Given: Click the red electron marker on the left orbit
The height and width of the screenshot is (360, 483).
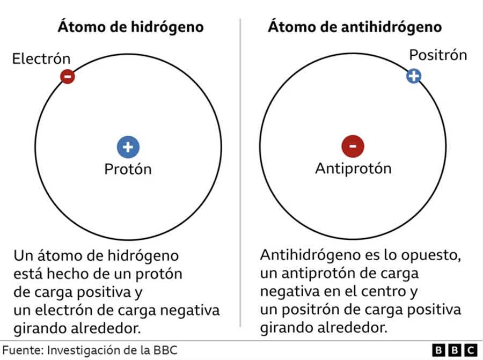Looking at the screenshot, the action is pyautogui.click(x=68, y=76).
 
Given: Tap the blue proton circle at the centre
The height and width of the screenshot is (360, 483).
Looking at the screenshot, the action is pyautogui.click(x=128, y=147).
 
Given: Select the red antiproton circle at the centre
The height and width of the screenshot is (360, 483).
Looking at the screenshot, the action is pyautogui.click(x=353, y=146).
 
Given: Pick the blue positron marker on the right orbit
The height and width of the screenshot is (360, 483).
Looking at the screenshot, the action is pyautogui.click(x=414, y=76).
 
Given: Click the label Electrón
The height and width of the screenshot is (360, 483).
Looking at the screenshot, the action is pyautogui.click(x=41, y=58).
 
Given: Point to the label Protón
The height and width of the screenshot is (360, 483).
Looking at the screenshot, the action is pyautogui.click(x=128, y=169).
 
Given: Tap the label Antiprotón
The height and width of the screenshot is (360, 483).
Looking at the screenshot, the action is pyautogui.click(x=353, y=168).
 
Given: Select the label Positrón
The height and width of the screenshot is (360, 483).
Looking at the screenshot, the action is pyautogui.click(x=438, y=55).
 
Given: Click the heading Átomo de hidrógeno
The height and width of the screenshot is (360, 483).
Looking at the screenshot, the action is pyautogui.click(x=130, y=27).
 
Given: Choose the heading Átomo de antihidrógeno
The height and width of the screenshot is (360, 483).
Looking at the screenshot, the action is pyautogui.click(x=355, y=27).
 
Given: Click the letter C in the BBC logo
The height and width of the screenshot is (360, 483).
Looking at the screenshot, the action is pyautogui.click(x=470, y=350).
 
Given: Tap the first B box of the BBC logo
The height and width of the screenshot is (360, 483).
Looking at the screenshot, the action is pyautogui.click(x=439, y=350).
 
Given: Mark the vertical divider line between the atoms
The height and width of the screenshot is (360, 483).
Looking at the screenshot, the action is pyautogui.click(x=240, y=172).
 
